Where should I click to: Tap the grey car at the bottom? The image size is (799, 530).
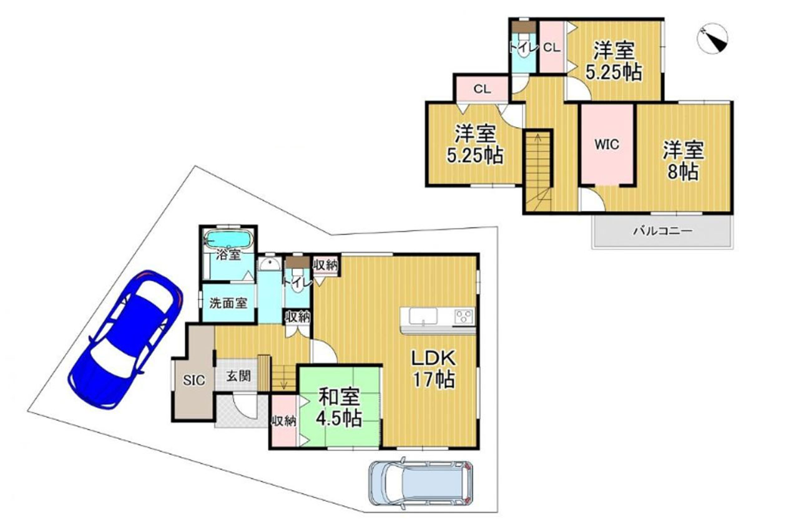pos(421,483)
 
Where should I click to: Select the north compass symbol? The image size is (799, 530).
pos(712,39)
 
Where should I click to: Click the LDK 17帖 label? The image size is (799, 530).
pos(434,369)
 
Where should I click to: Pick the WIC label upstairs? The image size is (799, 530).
pos(607,144)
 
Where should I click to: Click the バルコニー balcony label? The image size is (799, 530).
pos(663,231)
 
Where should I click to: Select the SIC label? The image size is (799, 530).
pos(194,380)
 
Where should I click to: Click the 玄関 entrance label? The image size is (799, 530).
pos(238,376)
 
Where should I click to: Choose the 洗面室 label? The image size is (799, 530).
pos(228,303)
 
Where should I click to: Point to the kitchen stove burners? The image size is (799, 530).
pos(464,316)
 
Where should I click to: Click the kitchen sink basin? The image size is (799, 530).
pos(423,316)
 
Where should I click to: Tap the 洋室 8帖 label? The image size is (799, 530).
pos(683,161)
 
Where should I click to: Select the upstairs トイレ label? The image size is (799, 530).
pos(523,48)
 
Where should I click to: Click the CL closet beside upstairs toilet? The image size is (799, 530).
pos(551,48)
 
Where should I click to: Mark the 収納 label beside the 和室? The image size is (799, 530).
pos(284,422)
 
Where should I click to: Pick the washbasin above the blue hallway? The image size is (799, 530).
pos(270,264)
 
